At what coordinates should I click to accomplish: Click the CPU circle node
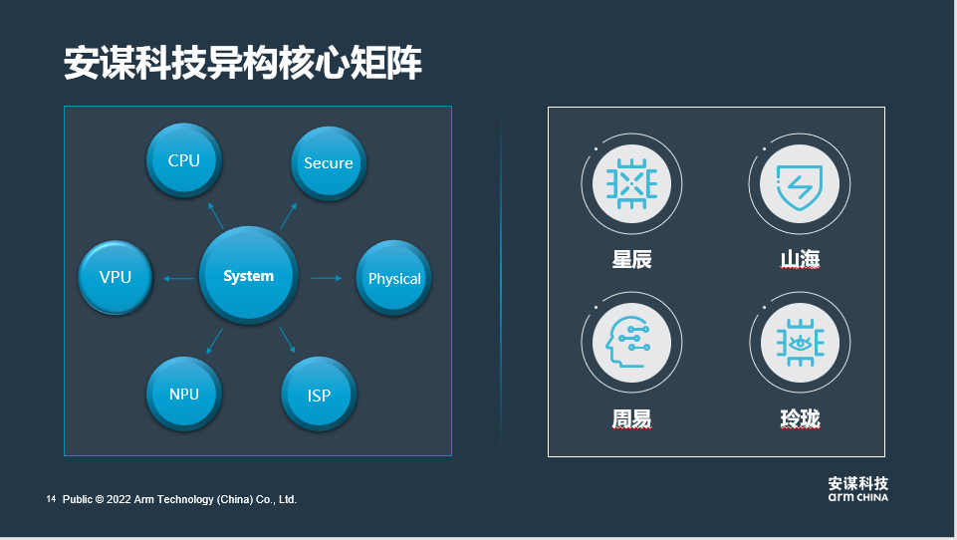183,159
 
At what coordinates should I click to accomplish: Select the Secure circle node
328,162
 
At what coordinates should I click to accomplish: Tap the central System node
248,276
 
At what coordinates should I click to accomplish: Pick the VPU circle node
116,277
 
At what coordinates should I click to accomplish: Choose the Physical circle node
394,278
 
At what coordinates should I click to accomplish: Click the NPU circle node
184,394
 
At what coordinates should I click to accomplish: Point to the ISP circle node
319,395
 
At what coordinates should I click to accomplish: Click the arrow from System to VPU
178,278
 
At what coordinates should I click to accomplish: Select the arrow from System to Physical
326,278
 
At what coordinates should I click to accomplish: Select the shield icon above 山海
800,183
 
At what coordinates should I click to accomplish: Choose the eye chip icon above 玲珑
800,344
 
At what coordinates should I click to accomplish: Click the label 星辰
631,259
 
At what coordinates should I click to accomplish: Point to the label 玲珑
800,418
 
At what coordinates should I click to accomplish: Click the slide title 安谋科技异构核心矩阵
243,62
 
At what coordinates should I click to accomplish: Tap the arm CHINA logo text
857,496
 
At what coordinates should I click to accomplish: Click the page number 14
51,498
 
